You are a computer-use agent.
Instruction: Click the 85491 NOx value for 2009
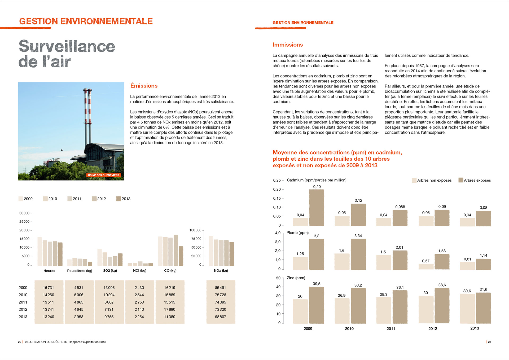220,288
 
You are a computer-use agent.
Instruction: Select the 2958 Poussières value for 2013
78,317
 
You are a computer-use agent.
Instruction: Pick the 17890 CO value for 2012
169,309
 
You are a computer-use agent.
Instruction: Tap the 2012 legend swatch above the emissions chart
94,199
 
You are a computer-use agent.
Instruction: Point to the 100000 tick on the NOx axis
195,230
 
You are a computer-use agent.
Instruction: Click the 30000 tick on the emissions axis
24,213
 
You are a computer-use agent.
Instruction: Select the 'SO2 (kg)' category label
110,271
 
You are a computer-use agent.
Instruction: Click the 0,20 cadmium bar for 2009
317,208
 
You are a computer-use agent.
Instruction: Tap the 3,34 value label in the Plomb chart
358,236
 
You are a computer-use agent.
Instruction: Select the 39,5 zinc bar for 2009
317,305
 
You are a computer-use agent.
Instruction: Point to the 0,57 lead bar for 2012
426,266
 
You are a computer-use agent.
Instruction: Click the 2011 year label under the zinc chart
391,328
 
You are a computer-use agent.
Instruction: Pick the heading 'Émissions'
144,86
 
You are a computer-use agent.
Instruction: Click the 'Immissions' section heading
288,45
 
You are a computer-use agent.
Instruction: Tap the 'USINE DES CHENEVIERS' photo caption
103,175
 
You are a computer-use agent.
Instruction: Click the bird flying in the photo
62,150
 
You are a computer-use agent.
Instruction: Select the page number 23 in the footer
489,342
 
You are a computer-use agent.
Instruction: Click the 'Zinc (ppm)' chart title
296,278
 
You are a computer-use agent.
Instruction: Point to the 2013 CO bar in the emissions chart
181,256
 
